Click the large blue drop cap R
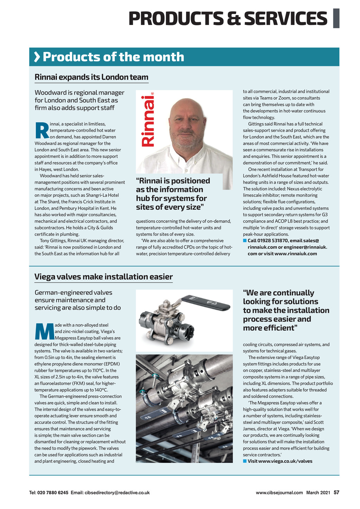(x=41, y=130)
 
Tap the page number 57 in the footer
(x=336, y=492)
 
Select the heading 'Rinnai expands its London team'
(x=91, y=77)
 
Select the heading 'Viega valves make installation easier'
(x=103, y=277)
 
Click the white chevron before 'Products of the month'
(x=37, y=57)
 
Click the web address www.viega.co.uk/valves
(x=285, y=461)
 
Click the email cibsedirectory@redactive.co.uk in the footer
(x=117, y=492)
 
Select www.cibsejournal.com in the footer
(x=279, y=492)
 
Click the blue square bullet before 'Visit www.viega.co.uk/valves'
(x=245, y=461)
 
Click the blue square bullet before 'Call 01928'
(x=245, y=241)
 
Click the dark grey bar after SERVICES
(x=336, y=18)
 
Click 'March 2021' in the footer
(x=318, y=492)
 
